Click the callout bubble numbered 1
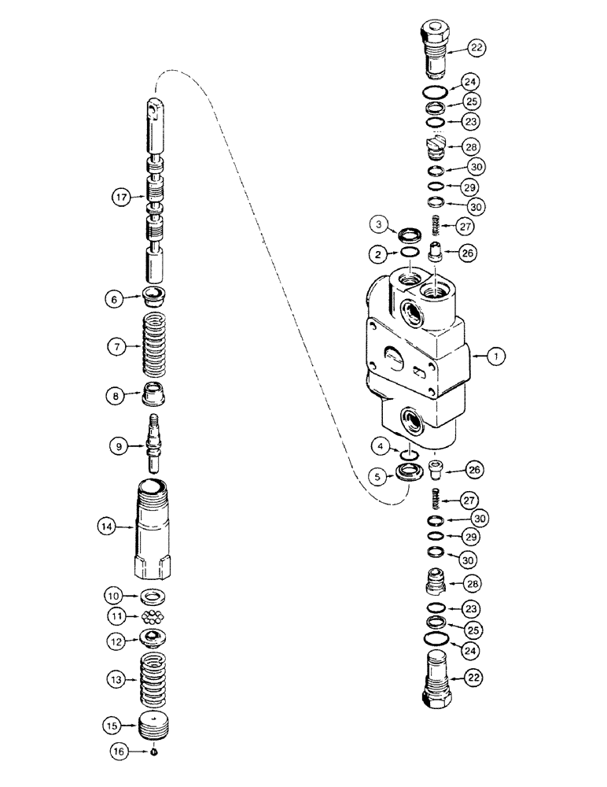click(x=495, y=356)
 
